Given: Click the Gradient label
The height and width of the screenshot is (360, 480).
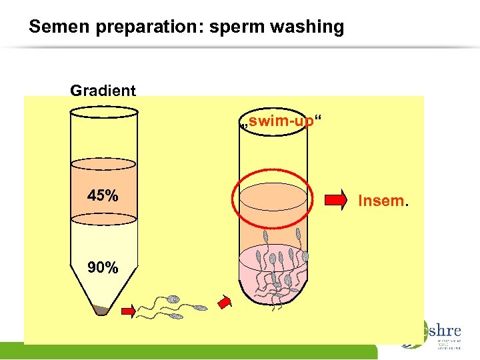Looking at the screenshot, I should [103, 91].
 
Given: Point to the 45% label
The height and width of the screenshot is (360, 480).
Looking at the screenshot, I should [103, 196].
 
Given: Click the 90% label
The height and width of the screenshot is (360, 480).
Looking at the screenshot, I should [103, 268].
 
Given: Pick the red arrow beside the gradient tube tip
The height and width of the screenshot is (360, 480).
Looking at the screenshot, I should [129, 310].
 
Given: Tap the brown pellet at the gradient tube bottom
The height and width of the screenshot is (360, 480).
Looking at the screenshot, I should [103, 309].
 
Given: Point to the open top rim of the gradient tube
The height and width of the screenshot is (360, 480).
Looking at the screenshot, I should [103, 111].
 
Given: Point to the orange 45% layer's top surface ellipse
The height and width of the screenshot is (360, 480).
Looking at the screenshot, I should [103, 164].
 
